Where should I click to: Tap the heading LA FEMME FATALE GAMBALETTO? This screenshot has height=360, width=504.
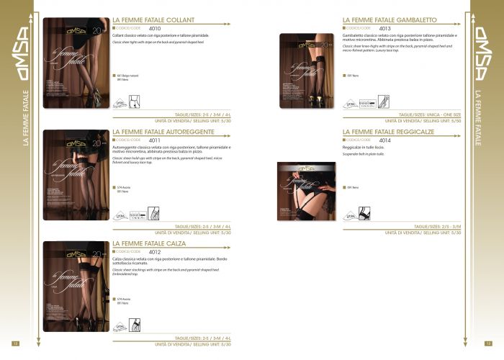(387, 21)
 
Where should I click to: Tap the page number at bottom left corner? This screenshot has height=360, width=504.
(15, 343)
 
